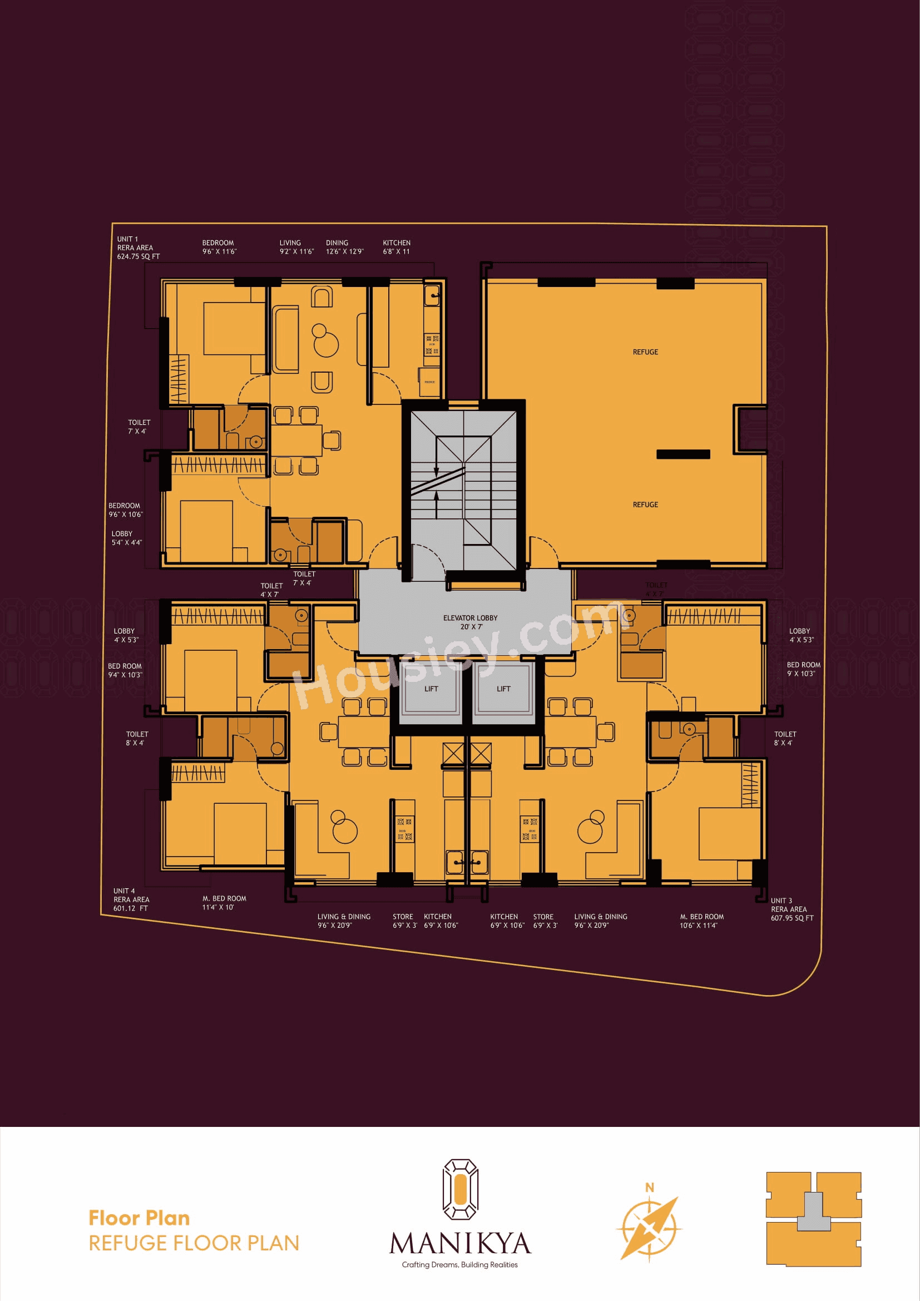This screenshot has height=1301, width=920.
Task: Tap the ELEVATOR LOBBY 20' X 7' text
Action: click(x=470, y=622)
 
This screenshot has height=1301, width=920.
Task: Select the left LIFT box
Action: click(x=431, y=689)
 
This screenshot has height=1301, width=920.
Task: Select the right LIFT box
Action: click(x=503, y=689)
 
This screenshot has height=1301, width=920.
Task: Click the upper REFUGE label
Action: click(x=645, y=352)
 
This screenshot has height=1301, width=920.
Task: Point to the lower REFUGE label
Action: click(x=645, y=504)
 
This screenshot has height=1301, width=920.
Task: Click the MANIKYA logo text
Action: click(x=460, y=1243)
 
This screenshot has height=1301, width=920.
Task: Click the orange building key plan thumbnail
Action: click(x=814, y=1219)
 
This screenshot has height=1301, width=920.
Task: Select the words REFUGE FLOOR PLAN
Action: click(x=194, y=1243)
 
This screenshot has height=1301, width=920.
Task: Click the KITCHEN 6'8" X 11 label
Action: click(x=397, y=247)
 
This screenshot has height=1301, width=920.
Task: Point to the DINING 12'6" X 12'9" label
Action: click(x=344, y=247)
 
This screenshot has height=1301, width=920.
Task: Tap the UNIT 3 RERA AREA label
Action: click(x=792, y=909)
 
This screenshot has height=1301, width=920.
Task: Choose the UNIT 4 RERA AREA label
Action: click(x=131, y=899)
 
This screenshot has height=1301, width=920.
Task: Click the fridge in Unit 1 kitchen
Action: click(x=430, y=383)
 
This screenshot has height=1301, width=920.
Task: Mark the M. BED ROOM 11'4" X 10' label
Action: click(x=224, y=903)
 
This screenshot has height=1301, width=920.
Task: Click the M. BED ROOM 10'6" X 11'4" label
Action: click(x=701, y=921)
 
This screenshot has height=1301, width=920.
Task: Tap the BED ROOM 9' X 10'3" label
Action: click(x=803, y=669)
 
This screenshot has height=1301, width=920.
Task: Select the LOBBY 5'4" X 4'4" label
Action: click(x=126, y=538)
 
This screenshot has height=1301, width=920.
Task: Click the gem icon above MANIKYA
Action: click(x=460, y=1189)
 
